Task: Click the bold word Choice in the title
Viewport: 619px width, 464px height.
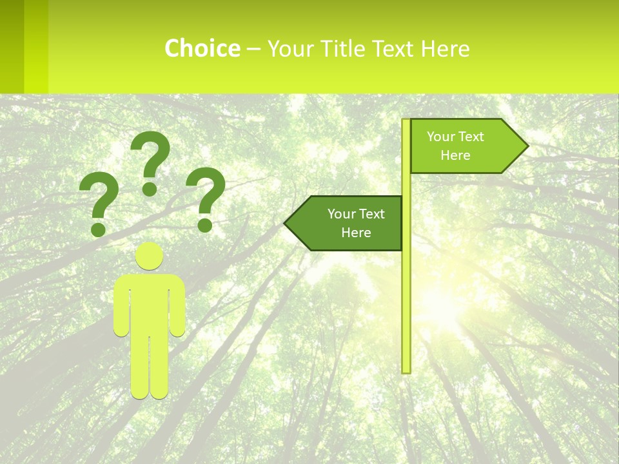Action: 202,48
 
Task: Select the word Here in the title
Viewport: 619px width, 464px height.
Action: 445,48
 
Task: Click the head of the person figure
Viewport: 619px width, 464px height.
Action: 150,256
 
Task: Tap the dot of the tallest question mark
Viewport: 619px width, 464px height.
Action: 150,188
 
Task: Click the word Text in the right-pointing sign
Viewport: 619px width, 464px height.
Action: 471,137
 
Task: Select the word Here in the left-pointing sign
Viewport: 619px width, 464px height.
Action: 356,233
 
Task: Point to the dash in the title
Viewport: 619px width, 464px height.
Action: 253,50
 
